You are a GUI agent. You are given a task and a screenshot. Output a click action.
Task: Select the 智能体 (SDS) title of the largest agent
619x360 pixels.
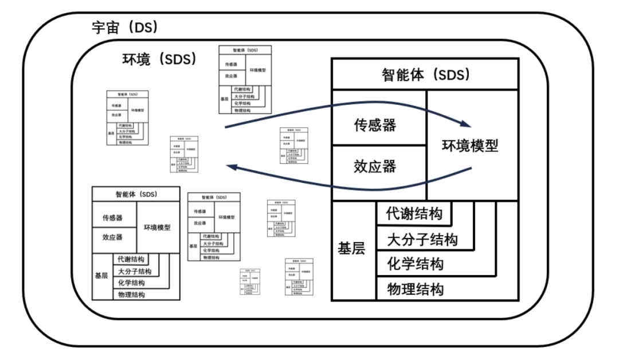425,75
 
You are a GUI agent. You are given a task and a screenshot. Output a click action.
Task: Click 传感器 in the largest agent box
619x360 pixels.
375,126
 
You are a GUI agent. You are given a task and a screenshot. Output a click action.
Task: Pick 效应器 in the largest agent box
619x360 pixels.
375,167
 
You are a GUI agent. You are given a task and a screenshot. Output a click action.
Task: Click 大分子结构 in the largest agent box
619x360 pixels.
422,239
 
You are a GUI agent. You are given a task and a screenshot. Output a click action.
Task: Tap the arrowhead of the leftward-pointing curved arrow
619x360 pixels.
230,166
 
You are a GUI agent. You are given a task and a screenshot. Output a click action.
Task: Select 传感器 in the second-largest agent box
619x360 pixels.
112,218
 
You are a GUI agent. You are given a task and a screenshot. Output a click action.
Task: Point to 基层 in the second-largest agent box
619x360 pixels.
101,275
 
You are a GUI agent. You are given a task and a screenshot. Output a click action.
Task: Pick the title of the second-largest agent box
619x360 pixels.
136,194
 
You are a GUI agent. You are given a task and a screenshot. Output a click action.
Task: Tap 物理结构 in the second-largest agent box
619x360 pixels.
131,294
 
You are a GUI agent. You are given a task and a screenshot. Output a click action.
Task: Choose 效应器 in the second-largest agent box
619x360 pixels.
112,237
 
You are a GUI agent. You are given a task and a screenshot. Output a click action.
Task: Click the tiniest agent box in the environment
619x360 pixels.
250,281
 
